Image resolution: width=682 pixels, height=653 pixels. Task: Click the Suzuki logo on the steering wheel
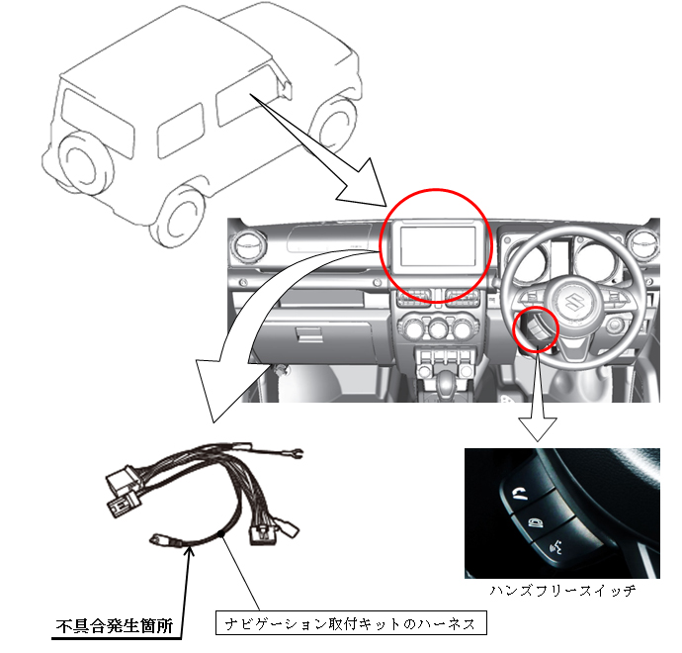tap(573, 302)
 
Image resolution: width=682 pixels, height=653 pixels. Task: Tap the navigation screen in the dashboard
tap(438, 246)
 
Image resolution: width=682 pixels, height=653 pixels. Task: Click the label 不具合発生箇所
tap(115, 626)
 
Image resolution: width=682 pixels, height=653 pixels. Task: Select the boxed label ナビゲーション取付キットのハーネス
tap(351, 623)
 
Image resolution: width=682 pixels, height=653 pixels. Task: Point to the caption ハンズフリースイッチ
tap(562, 591)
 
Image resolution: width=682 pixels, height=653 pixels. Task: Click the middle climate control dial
tap(438, 328)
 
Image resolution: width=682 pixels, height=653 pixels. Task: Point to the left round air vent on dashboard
tap(249, 243)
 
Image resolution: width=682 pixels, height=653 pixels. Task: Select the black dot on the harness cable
tap(221, 533)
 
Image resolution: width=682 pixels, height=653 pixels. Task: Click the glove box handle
tap(308, 333)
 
